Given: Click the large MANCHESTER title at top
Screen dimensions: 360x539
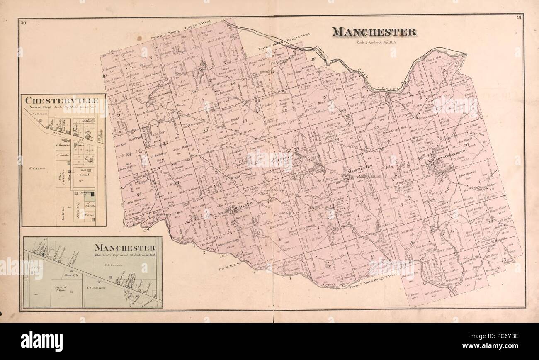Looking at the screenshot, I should pos(374,32).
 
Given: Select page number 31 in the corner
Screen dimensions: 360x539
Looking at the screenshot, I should pos(519,17).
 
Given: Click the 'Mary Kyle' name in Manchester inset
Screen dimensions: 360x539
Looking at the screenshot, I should pos(72,275).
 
